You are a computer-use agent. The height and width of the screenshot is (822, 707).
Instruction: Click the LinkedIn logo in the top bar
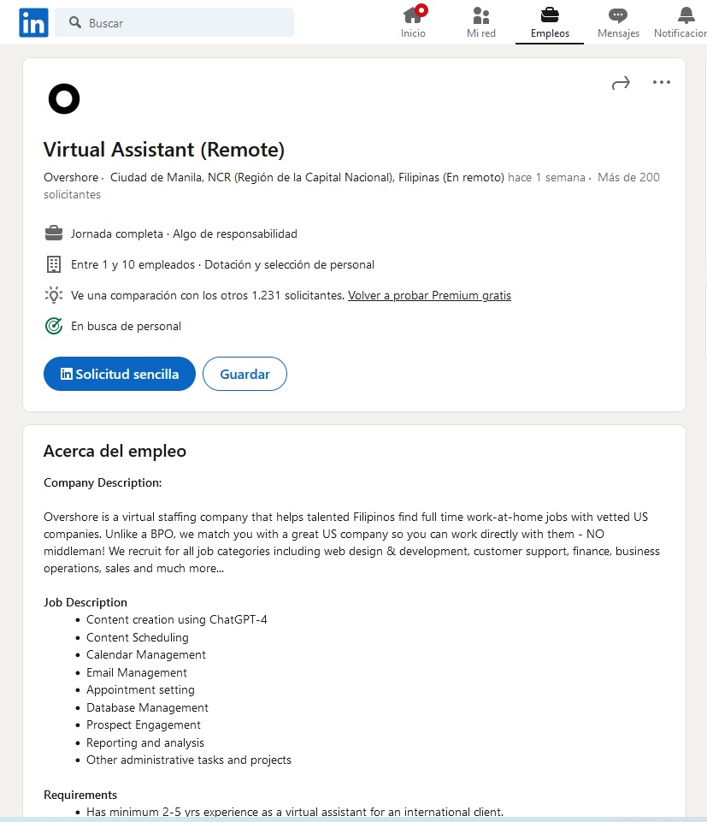34,23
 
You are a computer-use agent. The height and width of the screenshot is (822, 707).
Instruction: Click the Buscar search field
180,23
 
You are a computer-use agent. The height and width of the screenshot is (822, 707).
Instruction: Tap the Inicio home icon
413,15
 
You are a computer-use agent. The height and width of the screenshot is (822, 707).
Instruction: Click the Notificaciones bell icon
686,15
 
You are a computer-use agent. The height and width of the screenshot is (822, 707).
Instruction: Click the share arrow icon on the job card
621,83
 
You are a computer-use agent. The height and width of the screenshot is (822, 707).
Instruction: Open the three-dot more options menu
661,83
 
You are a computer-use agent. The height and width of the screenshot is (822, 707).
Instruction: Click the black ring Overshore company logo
64,99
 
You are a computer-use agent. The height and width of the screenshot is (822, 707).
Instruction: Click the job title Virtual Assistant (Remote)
164,150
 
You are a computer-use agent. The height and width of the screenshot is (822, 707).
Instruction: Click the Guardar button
245,374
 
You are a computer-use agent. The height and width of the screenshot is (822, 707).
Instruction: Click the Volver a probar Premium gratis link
429,295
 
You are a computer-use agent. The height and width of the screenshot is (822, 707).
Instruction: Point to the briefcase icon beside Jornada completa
54,234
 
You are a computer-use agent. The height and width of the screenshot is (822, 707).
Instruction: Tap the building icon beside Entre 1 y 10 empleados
54,264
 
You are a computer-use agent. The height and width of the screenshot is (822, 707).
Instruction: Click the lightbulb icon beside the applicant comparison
54,295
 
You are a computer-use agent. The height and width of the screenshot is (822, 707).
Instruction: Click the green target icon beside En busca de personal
54,326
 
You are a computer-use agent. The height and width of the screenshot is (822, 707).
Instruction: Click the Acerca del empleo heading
115,451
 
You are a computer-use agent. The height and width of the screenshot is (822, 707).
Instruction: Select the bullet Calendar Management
146,654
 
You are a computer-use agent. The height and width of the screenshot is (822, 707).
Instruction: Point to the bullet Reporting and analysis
145,742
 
